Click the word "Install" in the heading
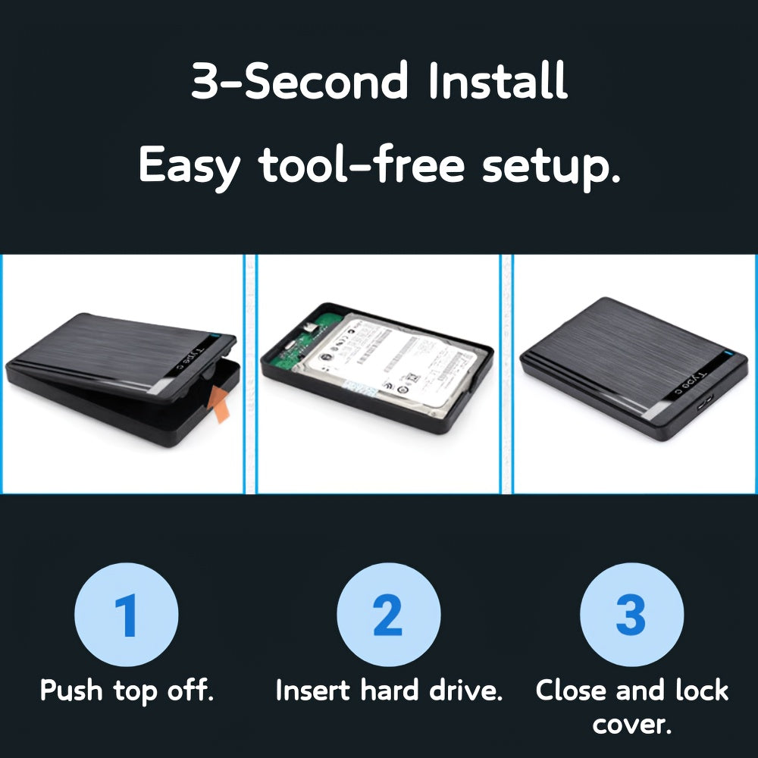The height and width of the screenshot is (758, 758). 498,82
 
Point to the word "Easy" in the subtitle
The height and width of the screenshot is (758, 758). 188,167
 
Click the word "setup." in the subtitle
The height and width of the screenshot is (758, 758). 552,167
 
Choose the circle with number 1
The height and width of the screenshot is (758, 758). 127,615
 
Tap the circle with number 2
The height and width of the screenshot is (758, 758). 388,615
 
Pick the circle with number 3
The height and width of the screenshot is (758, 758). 631,615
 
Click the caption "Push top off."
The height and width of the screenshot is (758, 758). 127,691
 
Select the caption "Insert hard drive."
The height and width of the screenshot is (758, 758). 389,691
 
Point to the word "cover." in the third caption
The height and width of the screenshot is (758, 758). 632,725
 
